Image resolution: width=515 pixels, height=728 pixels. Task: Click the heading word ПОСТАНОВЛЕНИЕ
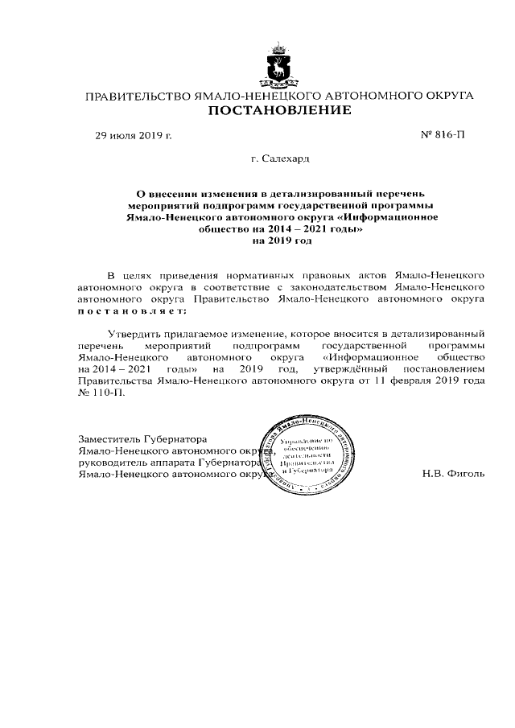(279, 110)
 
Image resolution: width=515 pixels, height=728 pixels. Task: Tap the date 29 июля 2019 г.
(134, 134)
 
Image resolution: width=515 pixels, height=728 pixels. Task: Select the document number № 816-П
(443, 134)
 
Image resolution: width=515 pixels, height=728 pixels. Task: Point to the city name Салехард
(285, 161)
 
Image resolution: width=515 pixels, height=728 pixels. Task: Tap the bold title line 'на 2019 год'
(282, 240)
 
